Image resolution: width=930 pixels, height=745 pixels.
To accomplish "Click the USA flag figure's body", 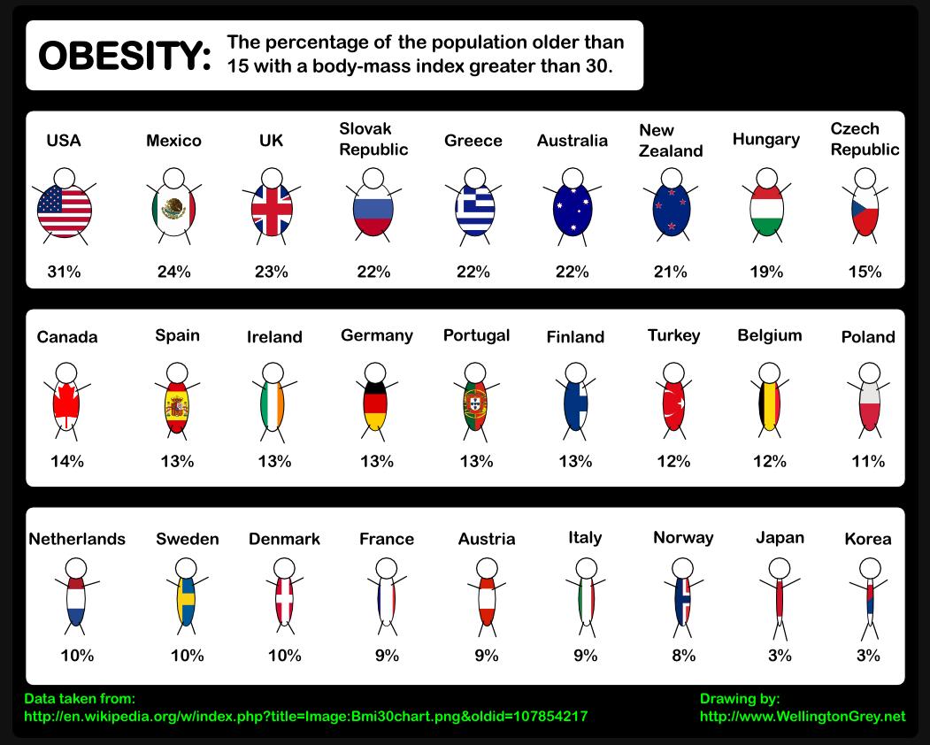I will tap(64, 211).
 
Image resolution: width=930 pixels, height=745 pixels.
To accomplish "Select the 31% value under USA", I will tap(64, 272).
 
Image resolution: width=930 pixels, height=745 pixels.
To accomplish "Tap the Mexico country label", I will tap(173, 141).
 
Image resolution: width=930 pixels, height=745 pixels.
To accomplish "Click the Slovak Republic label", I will tap(373, 139).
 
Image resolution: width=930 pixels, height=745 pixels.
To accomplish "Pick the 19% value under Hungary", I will tap(766, 272).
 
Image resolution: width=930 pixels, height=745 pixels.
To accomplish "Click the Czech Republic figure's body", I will tap(865, 212).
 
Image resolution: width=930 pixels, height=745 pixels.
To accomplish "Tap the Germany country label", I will tap(377, 335).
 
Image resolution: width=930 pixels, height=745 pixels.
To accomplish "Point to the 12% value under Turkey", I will tap(673, 461).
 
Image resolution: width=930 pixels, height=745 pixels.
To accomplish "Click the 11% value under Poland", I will tap(868, 461).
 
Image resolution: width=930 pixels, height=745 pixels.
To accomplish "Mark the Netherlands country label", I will tap(77, 539).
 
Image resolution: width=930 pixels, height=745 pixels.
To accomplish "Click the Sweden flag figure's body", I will tap(186, 602).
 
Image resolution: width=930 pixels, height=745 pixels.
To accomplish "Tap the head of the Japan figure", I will tap(780, 566).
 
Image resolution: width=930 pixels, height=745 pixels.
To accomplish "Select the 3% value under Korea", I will tap(868, 656).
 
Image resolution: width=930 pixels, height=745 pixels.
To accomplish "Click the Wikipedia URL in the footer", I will tap(305, 717).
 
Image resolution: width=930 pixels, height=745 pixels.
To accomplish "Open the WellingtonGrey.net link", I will tap(803, 717).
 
